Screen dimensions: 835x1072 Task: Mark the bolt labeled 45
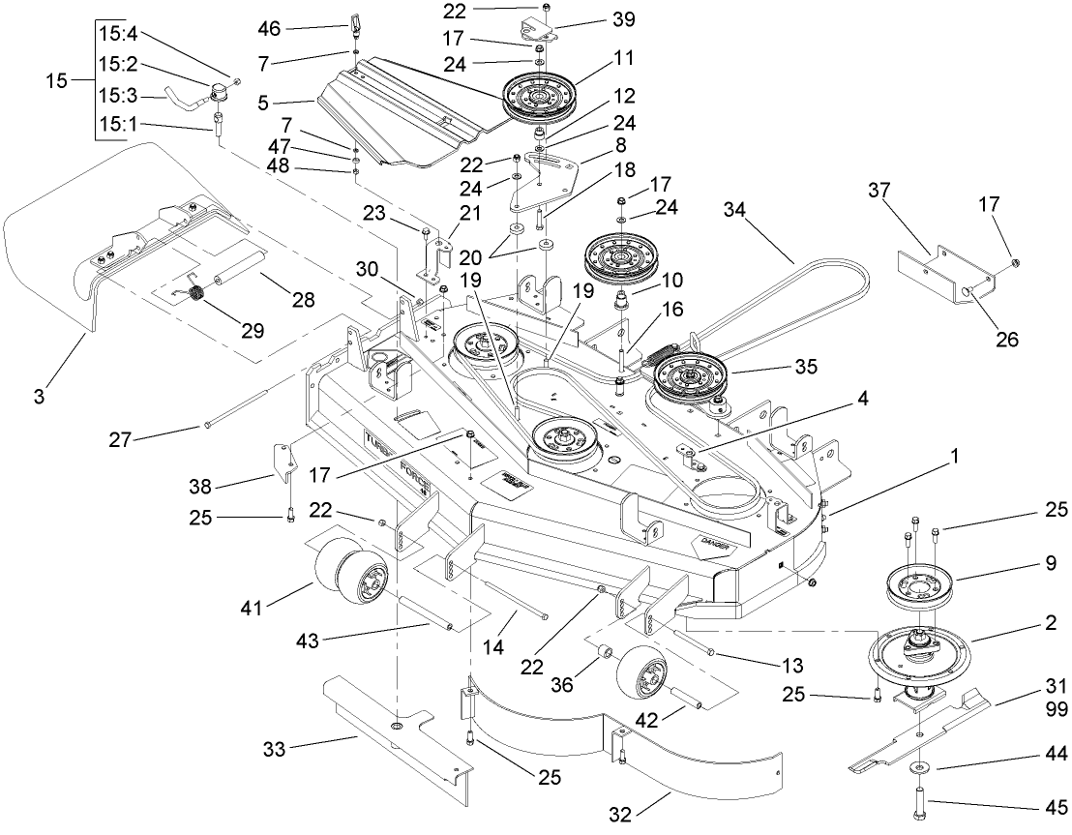coord(918,802)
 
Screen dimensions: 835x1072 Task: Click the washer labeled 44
coord(917,767)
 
